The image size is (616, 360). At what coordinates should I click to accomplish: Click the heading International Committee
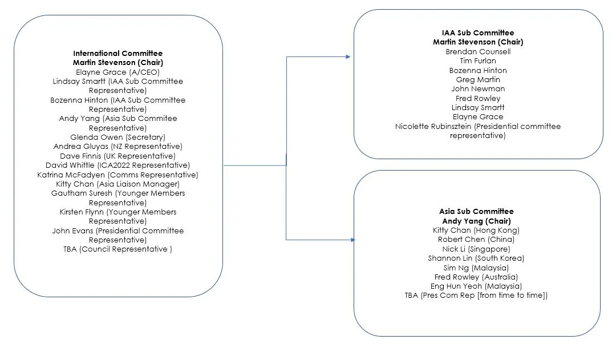[117, 54]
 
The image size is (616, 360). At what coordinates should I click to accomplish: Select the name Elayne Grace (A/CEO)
[117, 72]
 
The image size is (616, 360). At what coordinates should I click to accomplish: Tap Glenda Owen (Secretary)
[117, 137]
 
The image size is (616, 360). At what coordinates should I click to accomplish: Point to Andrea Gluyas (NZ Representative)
[117, 147]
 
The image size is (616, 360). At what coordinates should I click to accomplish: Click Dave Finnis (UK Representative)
[117, 156]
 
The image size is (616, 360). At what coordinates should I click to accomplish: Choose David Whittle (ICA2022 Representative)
[117, 165]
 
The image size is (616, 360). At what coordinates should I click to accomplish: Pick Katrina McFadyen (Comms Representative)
[117, 175]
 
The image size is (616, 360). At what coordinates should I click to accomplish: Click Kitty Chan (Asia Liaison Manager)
[117, 184]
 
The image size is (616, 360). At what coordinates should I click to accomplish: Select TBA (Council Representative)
[117, 249]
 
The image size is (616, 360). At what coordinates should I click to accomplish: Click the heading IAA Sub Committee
[478, 33]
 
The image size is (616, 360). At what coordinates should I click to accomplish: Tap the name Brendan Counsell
[478, 51]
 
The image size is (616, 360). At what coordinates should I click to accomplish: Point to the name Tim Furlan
[478, 61]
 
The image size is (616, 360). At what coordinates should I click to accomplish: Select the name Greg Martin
[478, 79]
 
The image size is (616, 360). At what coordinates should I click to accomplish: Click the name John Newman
[478, 89]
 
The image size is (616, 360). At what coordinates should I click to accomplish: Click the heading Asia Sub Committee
[476, 212]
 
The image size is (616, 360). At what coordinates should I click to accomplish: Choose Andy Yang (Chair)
[476, 221]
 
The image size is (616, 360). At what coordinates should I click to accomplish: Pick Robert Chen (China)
[476, 240]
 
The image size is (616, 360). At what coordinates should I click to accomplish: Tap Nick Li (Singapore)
[476, 249]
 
